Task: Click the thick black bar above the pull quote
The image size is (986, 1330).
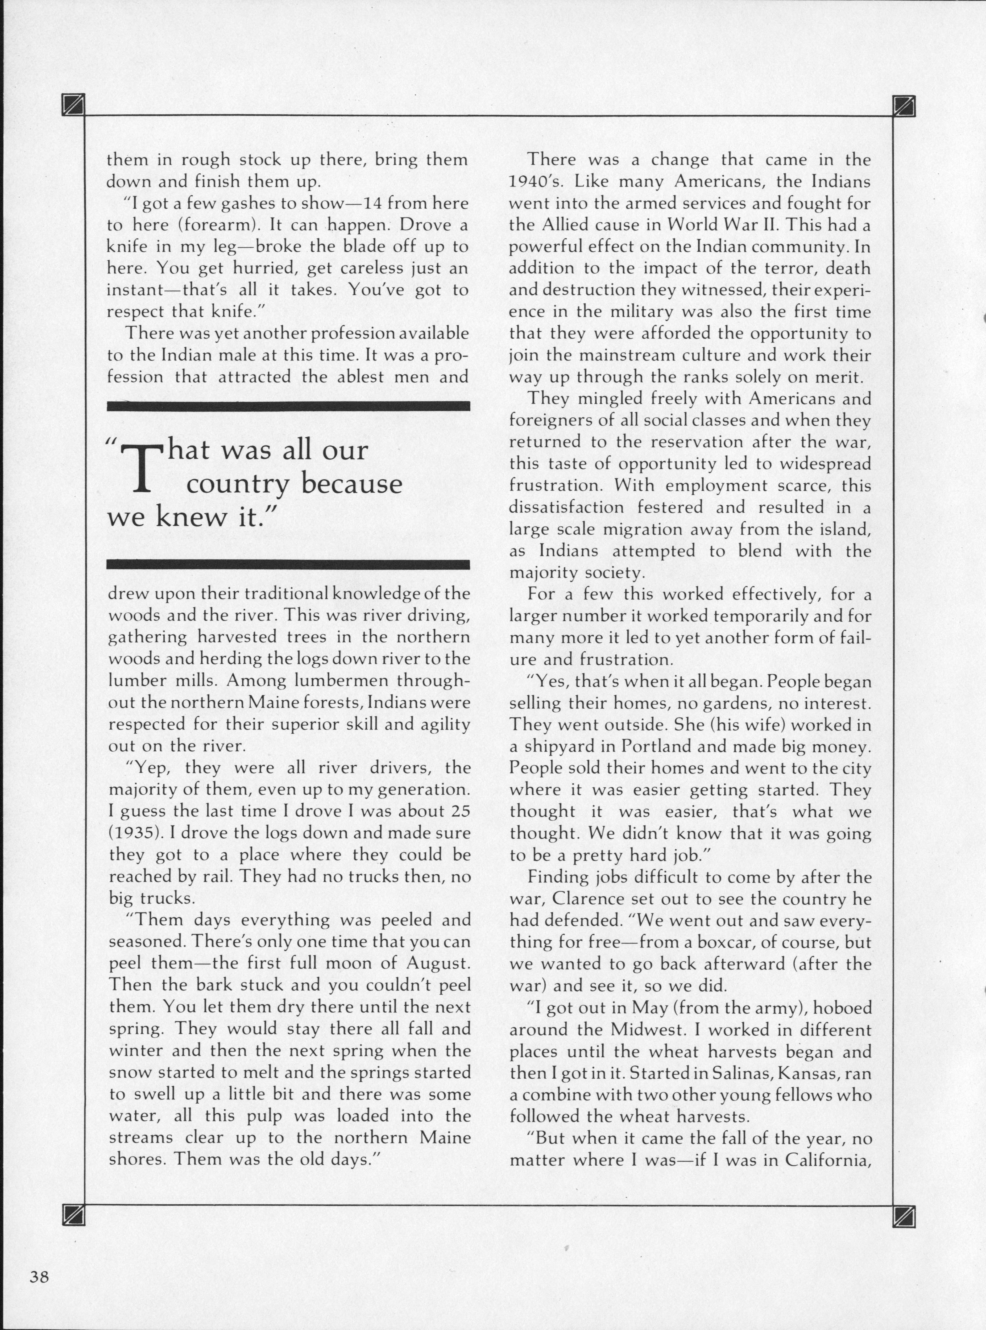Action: point(288,406)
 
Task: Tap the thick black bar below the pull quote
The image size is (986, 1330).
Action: point(288,564)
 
